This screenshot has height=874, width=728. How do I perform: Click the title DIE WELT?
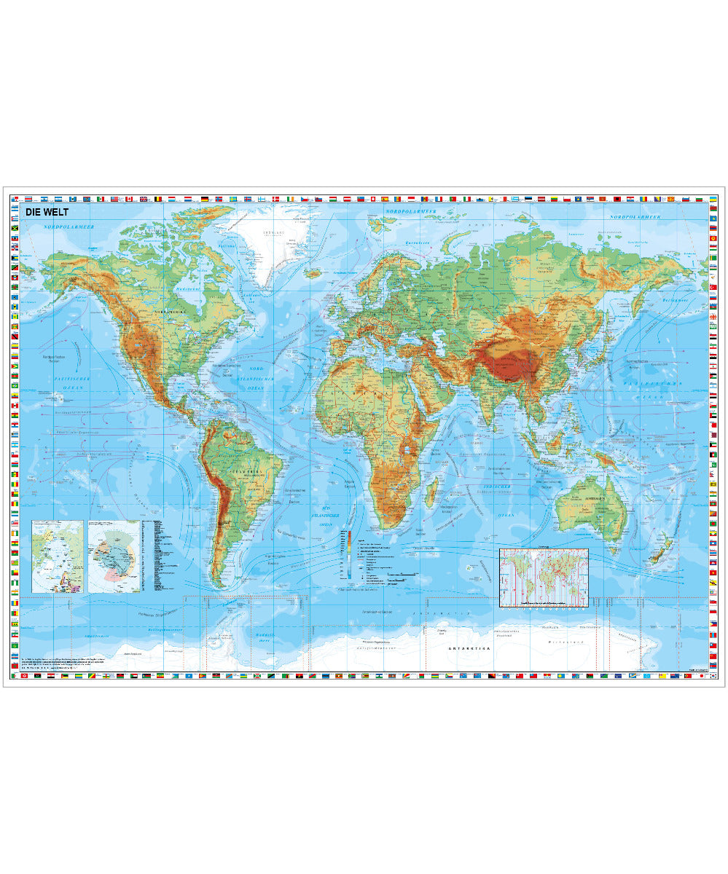pyautogui.click(x=47, y=213)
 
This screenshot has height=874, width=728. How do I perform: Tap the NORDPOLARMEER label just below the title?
pyautogui.click(x=69, y=227)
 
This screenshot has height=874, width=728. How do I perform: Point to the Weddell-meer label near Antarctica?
pyautogui.click(x=262, y=637)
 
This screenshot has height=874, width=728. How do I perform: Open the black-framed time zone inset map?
pyautogui.click(x=544, y=578)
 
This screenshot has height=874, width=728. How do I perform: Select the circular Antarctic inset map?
pyautogui.click(x=114, y=556)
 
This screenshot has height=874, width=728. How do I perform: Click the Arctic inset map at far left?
pyautogui.click(x=58, y=556)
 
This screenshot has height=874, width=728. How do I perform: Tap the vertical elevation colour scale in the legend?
pyautogui.click(x=350, y=554)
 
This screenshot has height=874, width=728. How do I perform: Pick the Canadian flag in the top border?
pyautogui.click(x=128, y=199)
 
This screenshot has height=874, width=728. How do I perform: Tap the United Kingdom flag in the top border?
pyautogui.click(x=143, y=199)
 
